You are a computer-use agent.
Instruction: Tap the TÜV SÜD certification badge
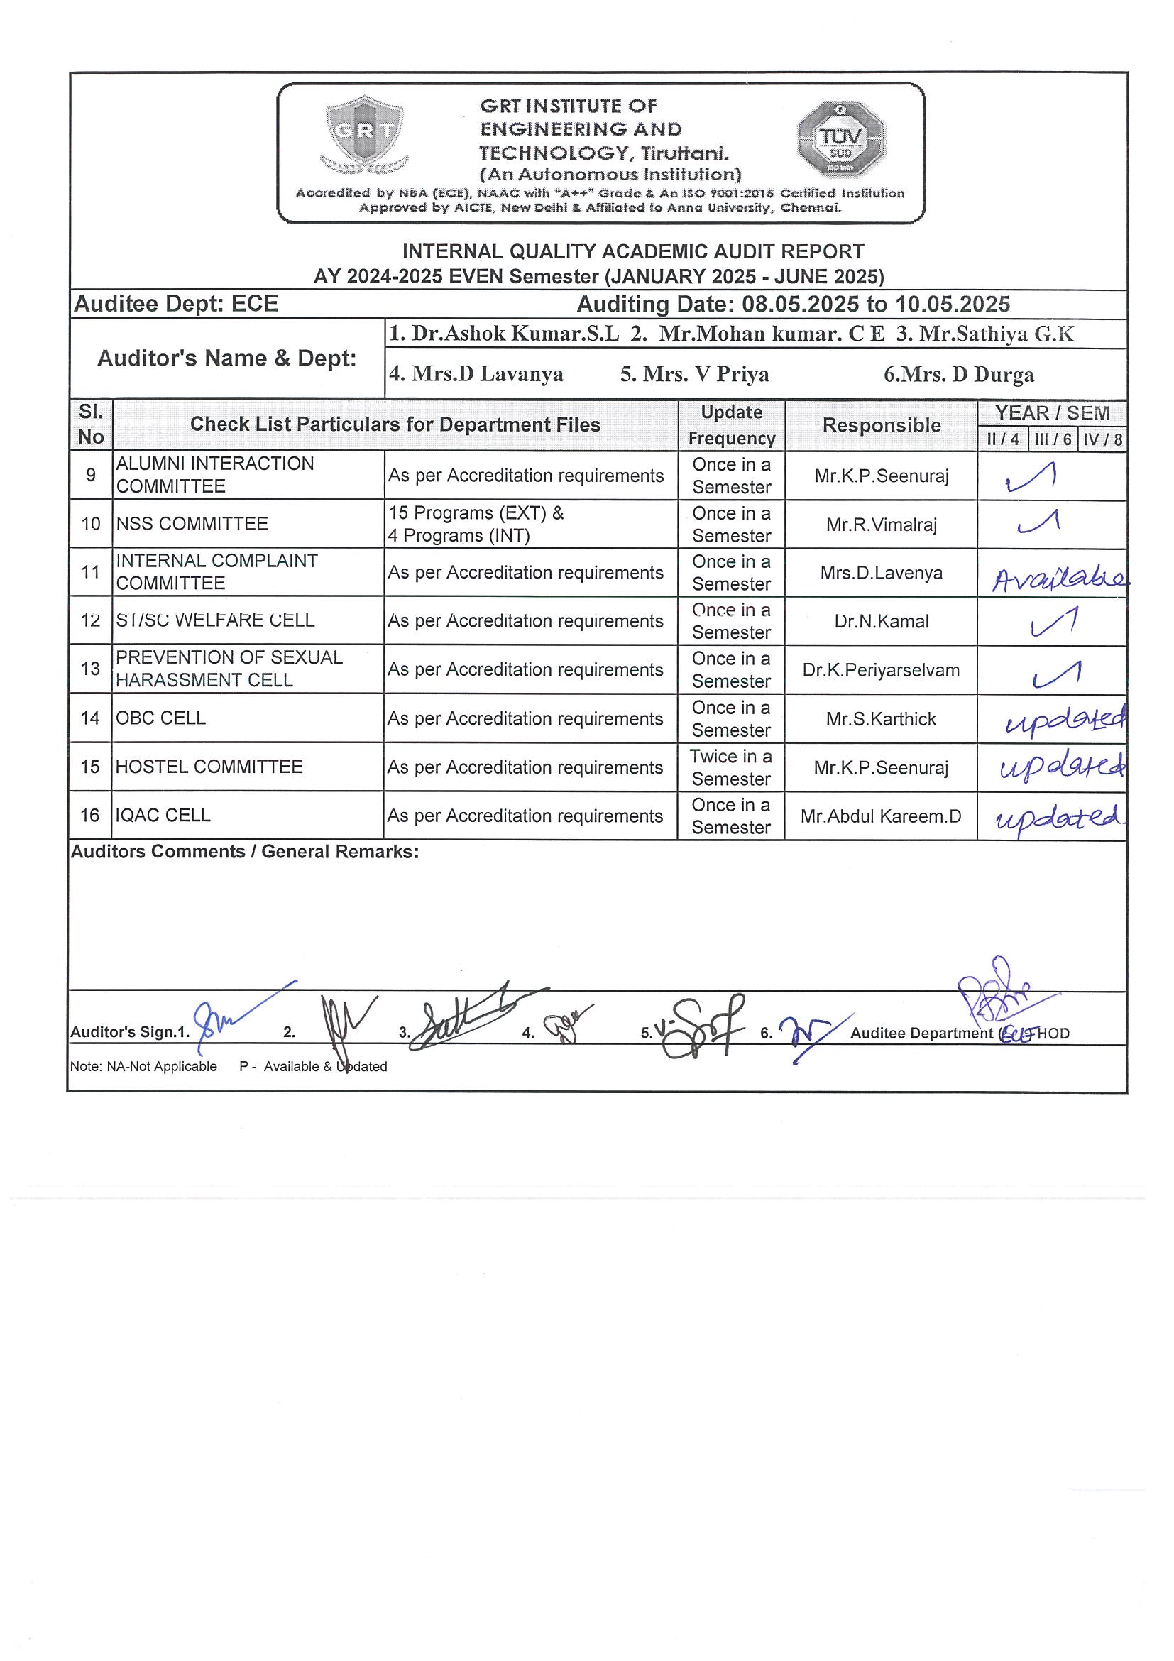[841, 140]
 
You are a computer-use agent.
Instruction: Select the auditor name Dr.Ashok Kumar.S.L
[504, 334]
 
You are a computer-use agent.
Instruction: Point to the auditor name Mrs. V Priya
[694, 374]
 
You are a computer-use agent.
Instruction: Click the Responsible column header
[881, 425]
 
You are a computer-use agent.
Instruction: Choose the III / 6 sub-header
[1053, 439]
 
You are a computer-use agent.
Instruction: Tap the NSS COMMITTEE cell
[192, 524]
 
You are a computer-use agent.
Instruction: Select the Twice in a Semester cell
[730, 767]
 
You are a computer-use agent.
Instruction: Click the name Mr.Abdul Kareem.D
[880, 816]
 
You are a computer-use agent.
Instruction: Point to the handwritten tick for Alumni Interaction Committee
[1031, 478]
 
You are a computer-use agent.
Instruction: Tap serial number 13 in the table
[90, 669]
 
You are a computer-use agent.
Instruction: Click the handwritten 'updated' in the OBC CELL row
[1065, 720]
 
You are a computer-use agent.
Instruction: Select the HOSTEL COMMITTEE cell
[209, 767]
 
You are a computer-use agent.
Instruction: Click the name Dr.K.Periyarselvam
[880, 670]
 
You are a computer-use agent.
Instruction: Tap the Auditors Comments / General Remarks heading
[244, 852]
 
